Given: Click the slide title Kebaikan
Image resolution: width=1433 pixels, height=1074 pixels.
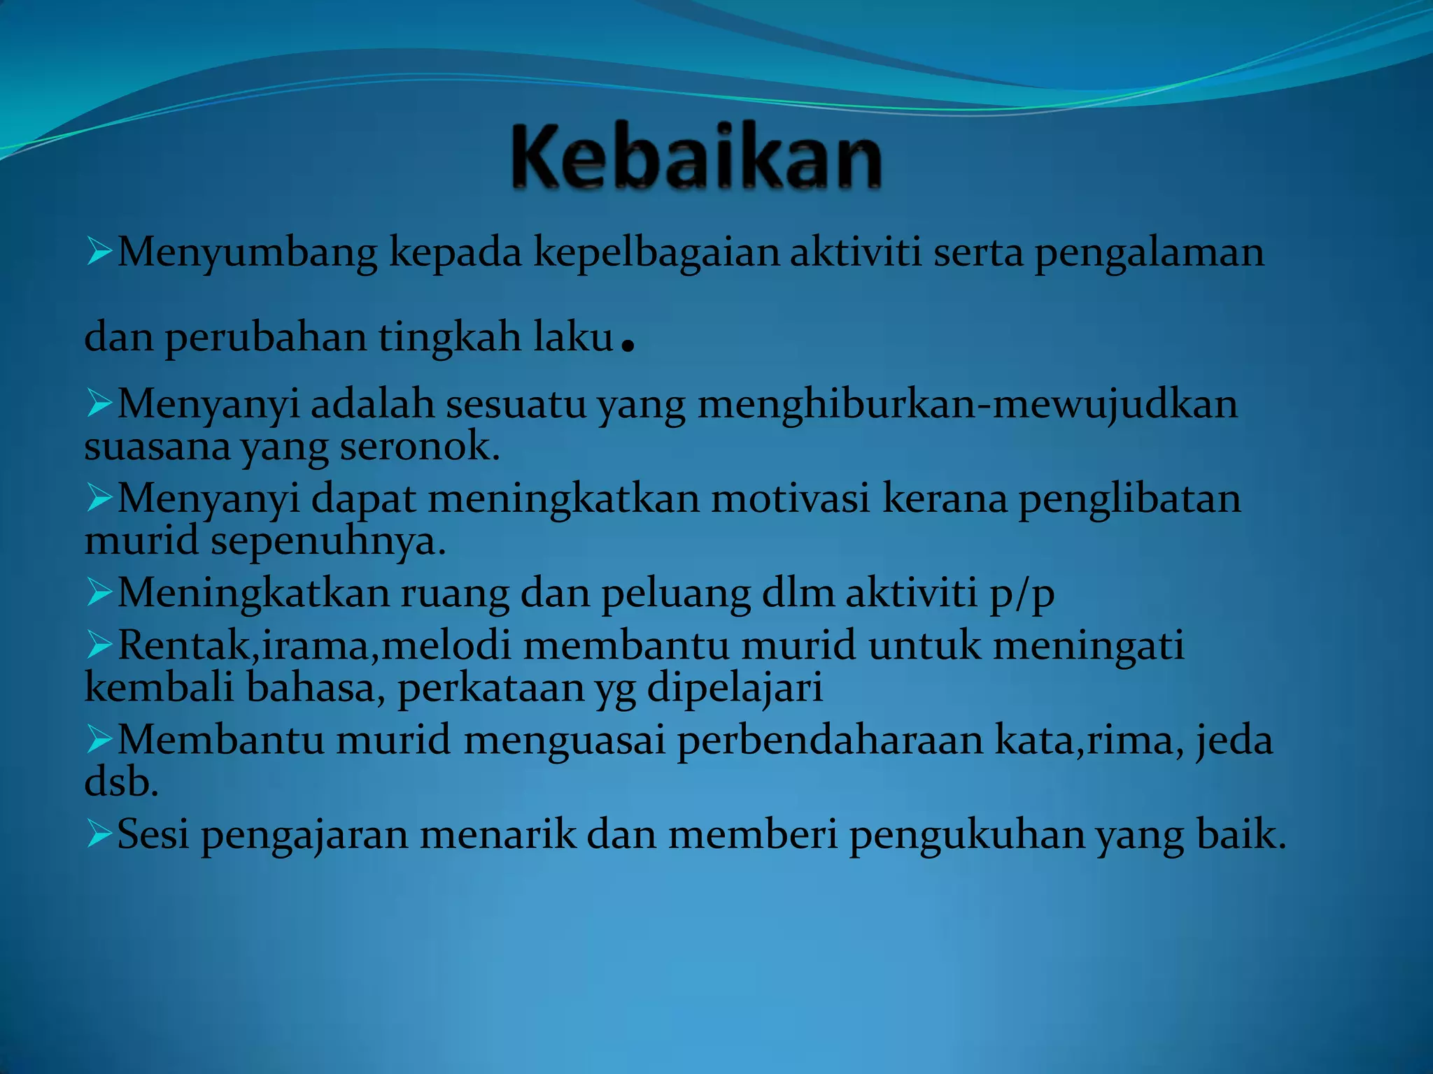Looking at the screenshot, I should click(696, 157).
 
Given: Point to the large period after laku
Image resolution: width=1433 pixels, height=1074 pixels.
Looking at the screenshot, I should click(628, 345).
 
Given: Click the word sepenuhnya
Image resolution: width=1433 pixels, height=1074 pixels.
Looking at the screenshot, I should click(328, 541).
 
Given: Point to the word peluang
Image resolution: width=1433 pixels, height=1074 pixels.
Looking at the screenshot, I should click(676, 594).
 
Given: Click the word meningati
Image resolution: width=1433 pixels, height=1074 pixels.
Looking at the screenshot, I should click(1088, 645).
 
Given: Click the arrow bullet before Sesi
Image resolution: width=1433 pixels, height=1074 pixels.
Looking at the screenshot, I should click(99, 834).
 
